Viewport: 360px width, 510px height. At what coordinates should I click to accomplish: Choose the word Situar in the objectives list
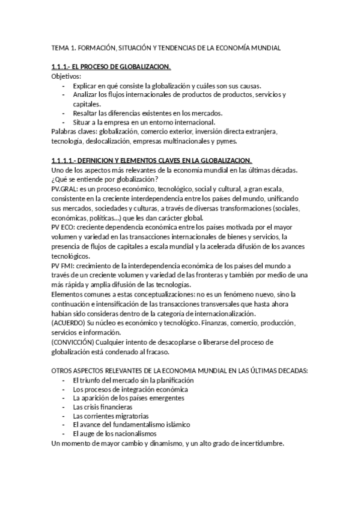[83, 122]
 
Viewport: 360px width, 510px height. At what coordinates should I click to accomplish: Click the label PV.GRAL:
[64, 188]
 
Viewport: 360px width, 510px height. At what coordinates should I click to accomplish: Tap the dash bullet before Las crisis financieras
[64, 407]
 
